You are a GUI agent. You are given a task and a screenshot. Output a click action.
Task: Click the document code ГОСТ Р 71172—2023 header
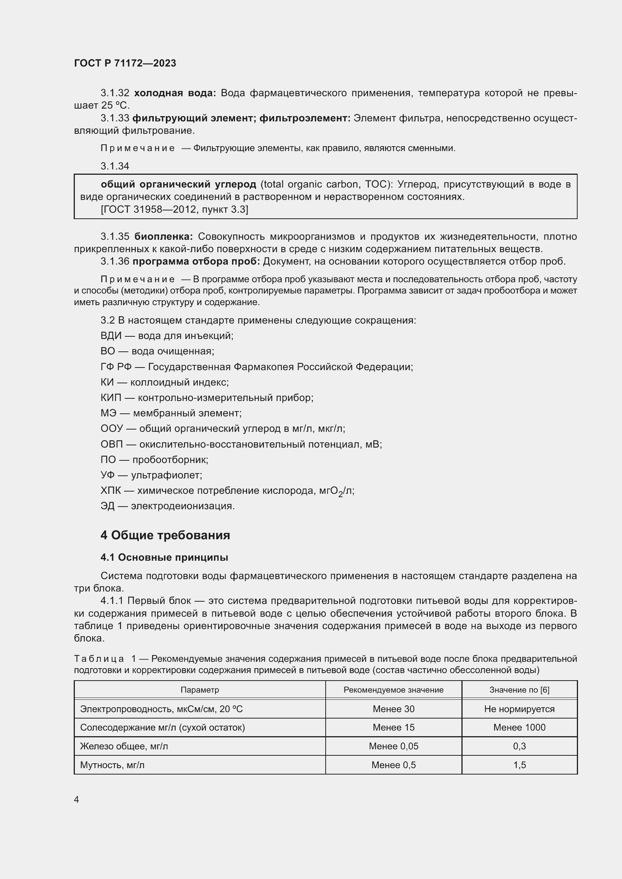125,63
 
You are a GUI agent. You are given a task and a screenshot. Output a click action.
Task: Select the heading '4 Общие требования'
165,535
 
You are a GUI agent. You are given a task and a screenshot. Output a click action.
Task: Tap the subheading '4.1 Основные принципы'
164,557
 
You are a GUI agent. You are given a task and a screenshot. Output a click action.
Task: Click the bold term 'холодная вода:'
175,93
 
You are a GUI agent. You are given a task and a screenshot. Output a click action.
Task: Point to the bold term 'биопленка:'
164,236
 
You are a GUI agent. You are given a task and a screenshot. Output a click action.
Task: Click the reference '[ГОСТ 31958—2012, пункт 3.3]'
174,209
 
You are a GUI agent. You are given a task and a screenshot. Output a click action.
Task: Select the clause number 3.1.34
115,166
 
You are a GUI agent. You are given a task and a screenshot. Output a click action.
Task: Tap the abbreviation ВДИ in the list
111,336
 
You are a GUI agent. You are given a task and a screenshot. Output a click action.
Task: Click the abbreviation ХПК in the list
111,490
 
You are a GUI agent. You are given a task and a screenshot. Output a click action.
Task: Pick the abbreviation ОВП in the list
111,444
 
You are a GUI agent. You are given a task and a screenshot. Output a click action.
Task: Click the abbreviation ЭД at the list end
108,506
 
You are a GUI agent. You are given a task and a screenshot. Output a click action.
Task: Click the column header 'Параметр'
200,690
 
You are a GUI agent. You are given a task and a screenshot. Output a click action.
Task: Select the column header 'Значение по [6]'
519,690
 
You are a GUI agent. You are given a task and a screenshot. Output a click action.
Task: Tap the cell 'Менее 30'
393,709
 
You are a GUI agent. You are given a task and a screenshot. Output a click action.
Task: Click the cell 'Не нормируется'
519,709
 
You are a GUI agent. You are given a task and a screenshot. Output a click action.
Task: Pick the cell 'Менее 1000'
519,727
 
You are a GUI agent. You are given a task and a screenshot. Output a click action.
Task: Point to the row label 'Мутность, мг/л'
112,765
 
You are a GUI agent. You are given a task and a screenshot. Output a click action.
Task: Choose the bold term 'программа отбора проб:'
196,261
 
